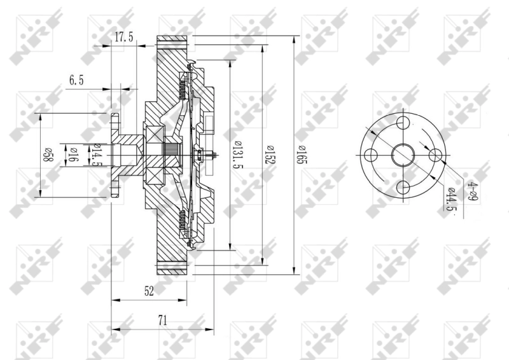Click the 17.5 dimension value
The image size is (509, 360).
(x=123, y=38)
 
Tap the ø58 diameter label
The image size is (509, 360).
(x=46, y=156)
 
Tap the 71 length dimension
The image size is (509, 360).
(x=162, y=321)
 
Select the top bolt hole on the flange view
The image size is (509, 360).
(x=403, y=123)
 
